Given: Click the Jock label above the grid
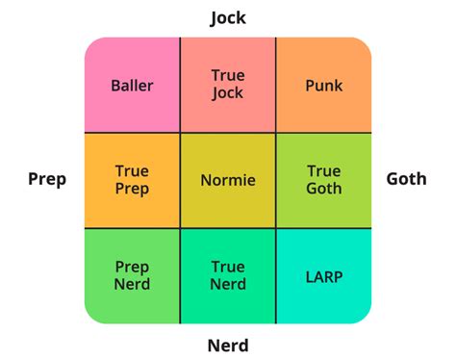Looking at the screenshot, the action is [228, 17].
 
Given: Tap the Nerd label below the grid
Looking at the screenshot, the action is [228, 345].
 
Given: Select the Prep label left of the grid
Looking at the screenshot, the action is [47, 180].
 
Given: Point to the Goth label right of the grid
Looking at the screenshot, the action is [406, 180].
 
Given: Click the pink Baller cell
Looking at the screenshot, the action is [132, 86].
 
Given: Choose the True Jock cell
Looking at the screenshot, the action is [228, 86].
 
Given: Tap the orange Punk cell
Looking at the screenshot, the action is [324, 86].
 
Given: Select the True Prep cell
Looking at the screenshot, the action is [132, 180].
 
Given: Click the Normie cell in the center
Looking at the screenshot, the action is [228, 180].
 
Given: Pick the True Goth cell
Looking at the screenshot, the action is [324, 180].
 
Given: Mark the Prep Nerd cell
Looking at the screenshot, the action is [132, 275].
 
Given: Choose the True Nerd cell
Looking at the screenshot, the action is [228, 275].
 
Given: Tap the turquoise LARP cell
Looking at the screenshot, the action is [324, 275].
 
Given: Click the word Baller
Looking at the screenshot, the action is [132, 86].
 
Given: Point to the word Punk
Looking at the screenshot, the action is [324, 86].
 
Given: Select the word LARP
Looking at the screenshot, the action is [324, 276].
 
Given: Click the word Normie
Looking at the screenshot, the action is [228, 180].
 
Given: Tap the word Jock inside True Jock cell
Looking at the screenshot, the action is [228, 94].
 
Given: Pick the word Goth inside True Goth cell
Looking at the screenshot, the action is [324, 190].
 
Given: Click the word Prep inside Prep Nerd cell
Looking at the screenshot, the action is [132, 267].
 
